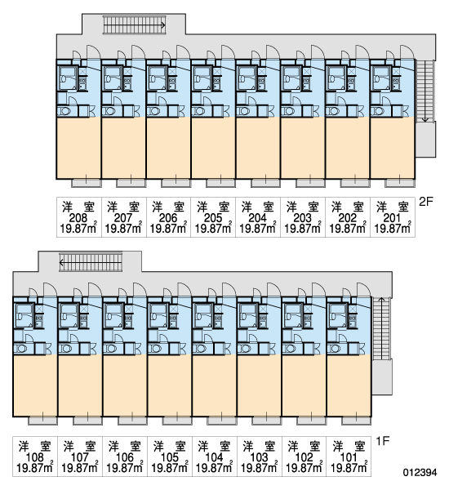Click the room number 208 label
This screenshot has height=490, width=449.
(78, 217)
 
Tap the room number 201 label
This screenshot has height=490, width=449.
(393, 217)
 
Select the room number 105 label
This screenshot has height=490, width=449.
(169, 457)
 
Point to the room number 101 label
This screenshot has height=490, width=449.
(348, 457)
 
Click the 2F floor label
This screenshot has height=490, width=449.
(426, 202)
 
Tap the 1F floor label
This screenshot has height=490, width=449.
(382, 441)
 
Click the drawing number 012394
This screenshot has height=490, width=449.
(420, 472)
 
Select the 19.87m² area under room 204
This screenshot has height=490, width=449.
(258, 228)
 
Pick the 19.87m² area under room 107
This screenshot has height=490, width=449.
(80, 468)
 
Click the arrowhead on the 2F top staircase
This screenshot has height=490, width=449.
(163, 25)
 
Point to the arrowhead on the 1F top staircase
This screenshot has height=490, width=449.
(61, 262)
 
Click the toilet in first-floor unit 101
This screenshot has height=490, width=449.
(335, 349)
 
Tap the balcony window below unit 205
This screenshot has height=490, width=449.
(220, 183)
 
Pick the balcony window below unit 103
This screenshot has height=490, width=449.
(266, 421)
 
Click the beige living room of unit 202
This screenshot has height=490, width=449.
(348, 148)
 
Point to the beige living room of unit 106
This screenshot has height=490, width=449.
(125, 385)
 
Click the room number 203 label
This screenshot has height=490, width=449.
(302, 217)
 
